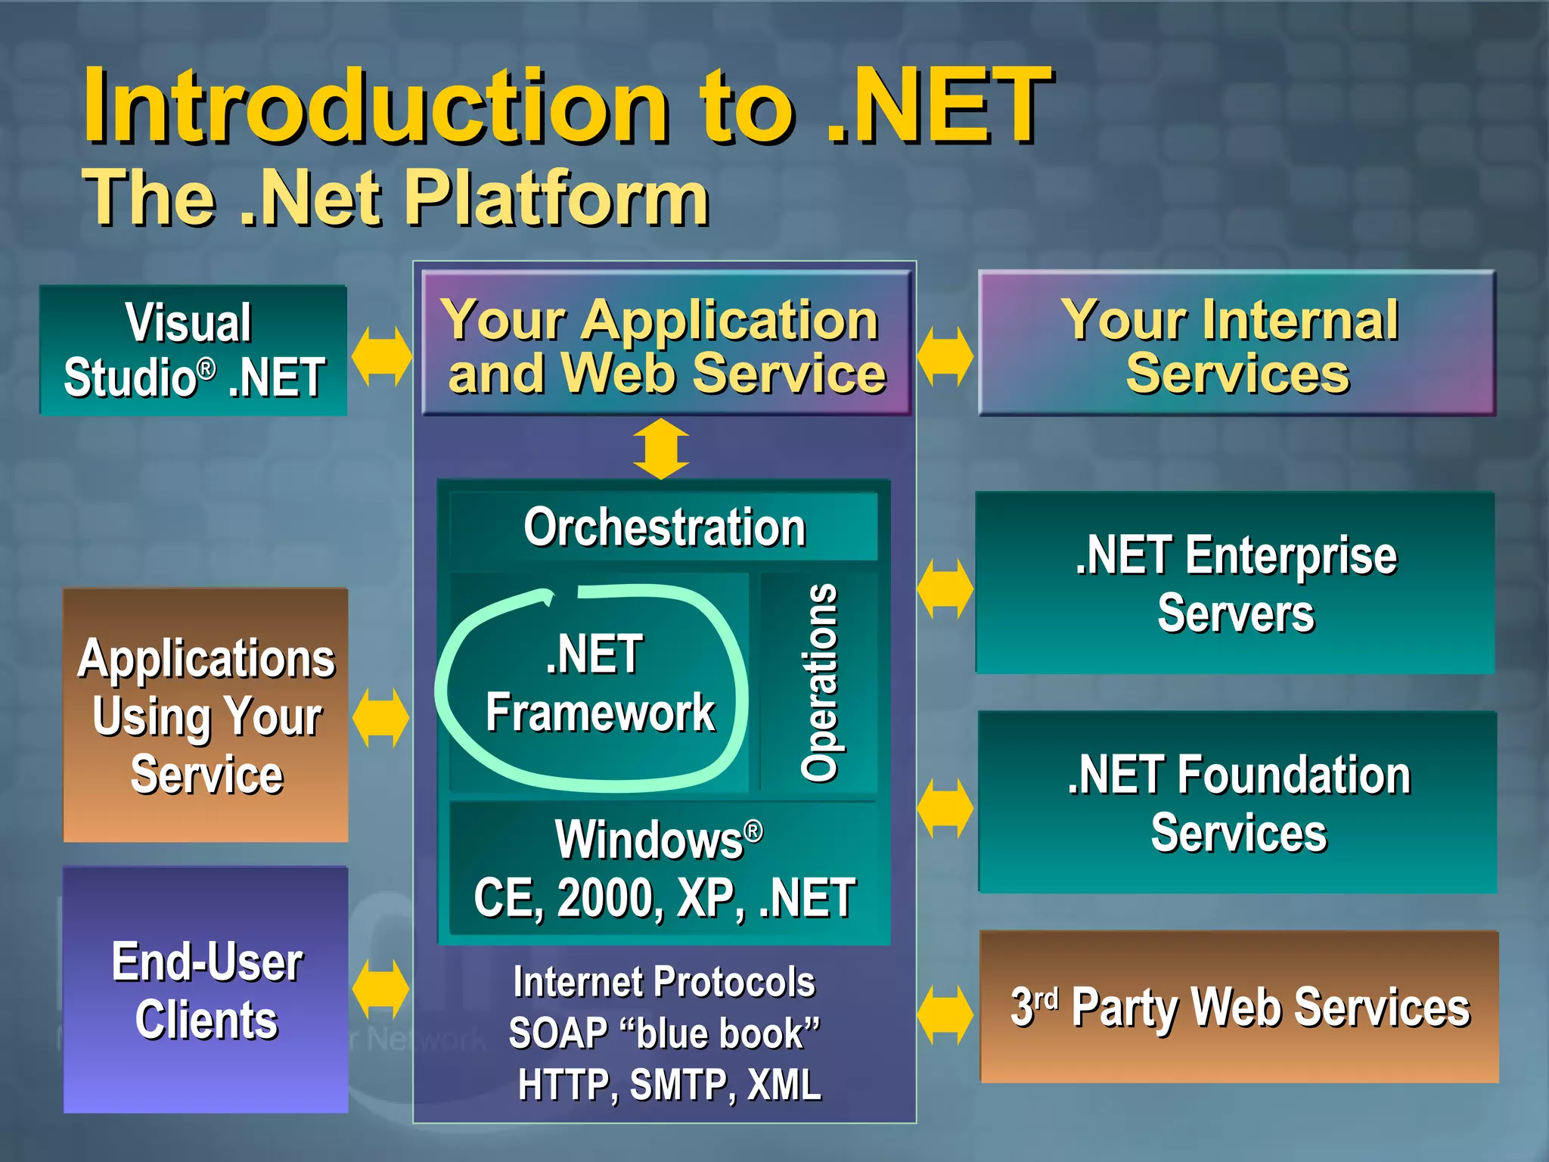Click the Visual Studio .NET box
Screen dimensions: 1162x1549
[x=194, y=350]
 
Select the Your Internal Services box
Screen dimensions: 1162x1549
[x=1237, y=344]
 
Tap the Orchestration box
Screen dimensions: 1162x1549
[x=664, y=527]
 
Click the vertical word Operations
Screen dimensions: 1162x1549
[x=819, y=682]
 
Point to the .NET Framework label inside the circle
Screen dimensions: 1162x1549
[x=598, y=684]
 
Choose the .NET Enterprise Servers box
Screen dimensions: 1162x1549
[x=1235, y=583]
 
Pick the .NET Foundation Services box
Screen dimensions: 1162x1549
[x=1237, y=803]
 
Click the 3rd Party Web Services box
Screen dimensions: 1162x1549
[x=1239, y=1007]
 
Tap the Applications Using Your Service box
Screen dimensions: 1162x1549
[x=206, y=716]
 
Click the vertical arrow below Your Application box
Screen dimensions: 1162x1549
[x=661, y=449]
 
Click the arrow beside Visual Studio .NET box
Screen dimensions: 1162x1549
[x=381, y=356]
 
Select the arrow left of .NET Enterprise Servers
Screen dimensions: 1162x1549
[x=945, y=589]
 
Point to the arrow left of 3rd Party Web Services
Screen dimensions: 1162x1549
[x=945, y=1014]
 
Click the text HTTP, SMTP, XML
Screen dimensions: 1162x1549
[x=669, y=1085]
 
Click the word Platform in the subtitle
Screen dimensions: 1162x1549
[x=557, y=198]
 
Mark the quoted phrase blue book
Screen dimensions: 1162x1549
[x=719, y=1033]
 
